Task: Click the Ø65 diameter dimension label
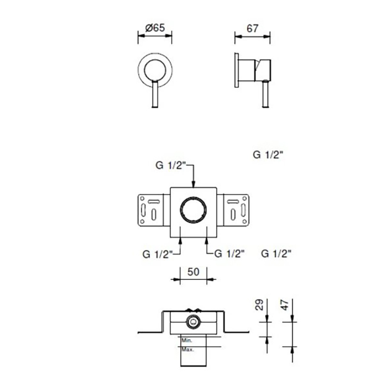point(155,28)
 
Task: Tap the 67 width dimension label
point(252,28)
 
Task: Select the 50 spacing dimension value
point(193,272)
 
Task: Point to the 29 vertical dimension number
point(259,305)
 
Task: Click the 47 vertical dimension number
point(284,305)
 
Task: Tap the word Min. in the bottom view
point(187,341)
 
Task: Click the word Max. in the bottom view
point(187,349)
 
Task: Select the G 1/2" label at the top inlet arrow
point(170,165)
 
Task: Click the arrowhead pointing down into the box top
point(193,184)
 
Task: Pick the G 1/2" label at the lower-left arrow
point(157,254)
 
